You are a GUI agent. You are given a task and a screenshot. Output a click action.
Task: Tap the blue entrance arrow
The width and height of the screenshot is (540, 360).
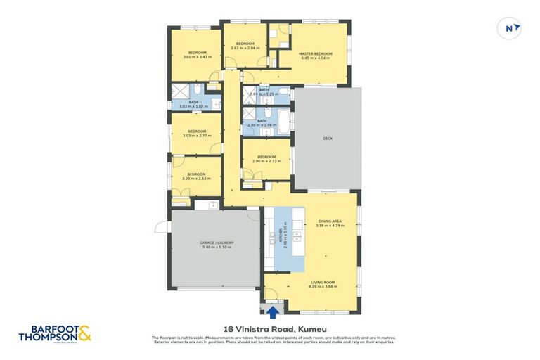click(271, 309)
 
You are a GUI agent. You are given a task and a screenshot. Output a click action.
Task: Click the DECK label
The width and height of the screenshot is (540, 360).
click(327, 138)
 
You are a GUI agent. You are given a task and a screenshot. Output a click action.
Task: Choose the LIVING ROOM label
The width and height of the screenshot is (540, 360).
click(321, 282)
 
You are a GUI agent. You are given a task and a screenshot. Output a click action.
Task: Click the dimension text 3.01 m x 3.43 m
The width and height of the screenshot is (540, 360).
click(197, 57)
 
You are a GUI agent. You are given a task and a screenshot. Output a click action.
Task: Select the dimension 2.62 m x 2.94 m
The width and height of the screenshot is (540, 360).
click(245, 48)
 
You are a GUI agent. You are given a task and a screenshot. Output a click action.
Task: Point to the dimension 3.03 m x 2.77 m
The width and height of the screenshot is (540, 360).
click(197, 135)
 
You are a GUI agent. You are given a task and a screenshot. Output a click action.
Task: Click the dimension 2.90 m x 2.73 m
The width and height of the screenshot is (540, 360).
click(266, 161)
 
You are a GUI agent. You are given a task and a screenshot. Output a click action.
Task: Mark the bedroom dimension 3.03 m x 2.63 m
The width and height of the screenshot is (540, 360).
click(197, 179)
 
